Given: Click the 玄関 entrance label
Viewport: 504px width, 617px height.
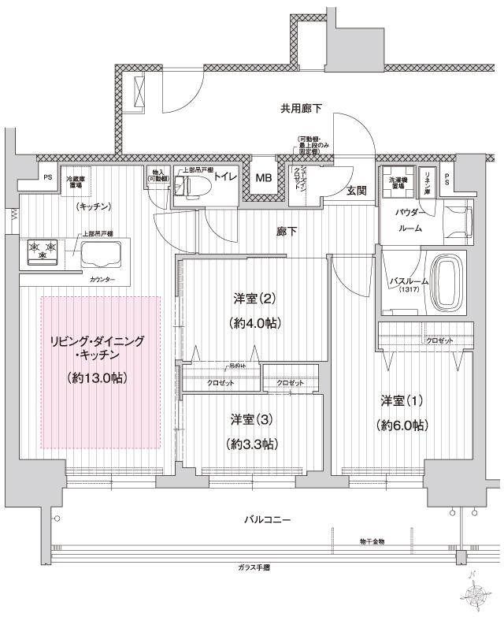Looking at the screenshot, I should tap(357, 191).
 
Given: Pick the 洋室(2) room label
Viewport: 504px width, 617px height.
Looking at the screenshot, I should tap(253, 299).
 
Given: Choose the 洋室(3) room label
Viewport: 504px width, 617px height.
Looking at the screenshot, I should tap(251, 418).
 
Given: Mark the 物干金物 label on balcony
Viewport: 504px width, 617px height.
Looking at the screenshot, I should tap(369, 543).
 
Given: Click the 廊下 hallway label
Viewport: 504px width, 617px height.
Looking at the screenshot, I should tap(287, 232).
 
